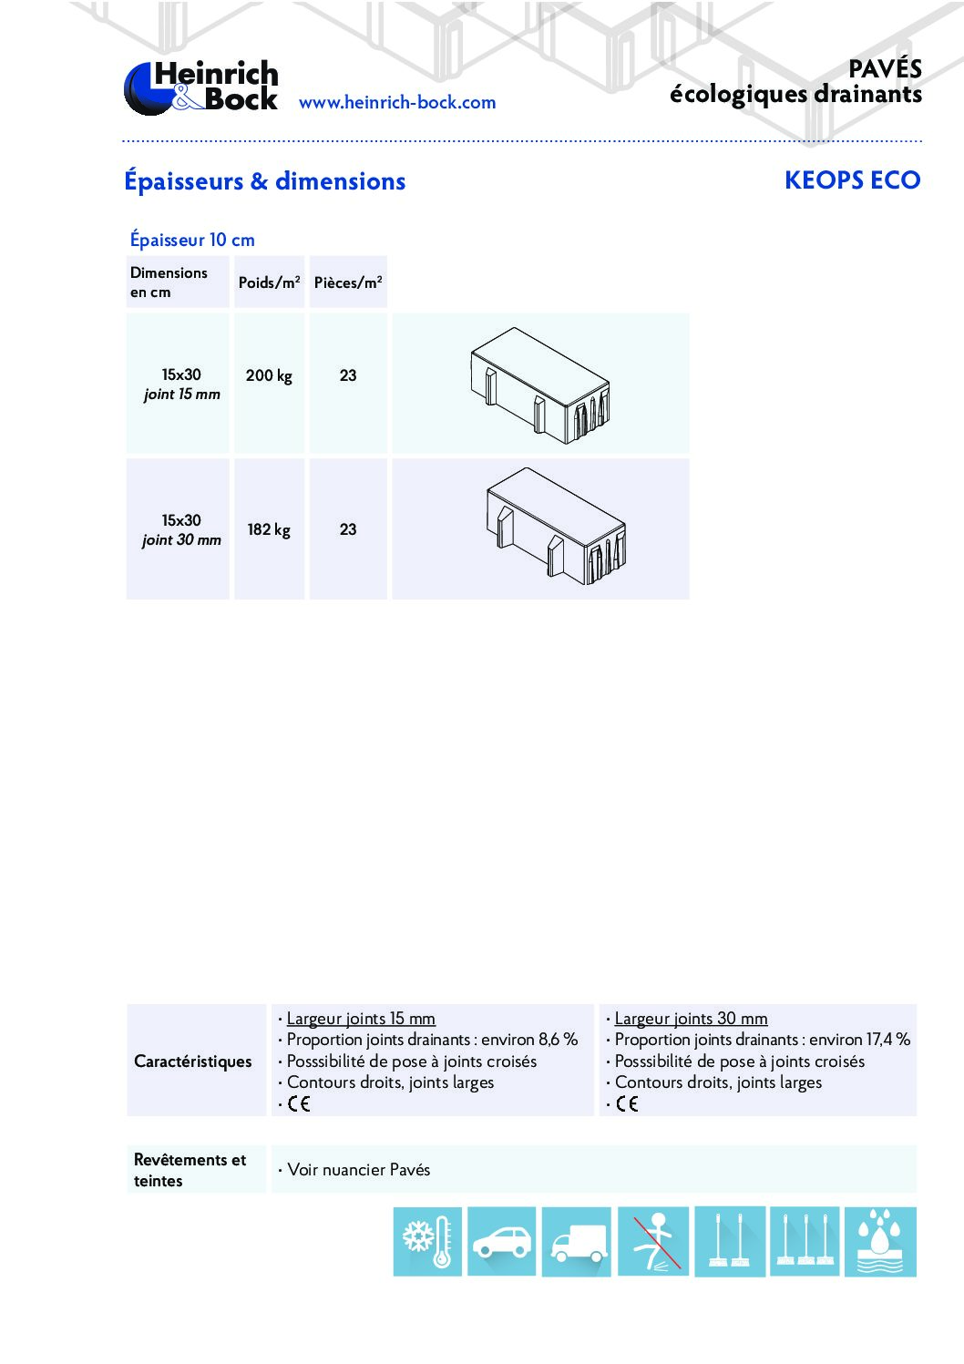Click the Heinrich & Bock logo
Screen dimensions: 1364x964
click(x=201, y=87)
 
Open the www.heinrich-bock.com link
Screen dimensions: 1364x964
click(x=397, y=102)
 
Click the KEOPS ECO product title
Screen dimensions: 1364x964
click(x=852, y=180)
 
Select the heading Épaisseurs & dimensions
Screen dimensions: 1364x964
click(x=264, y=181)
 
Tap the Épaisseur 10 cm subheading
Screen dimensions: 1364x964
click(x=192, y=240)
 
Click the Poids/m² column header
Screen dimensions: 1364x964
click(x=269, y=282)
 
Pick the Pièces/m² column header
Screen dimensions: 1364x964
click(x=348, y=282)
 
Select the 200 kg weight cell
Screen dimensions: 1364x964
click(x=269, y=375)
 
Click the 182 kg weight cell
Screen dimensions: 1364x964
click(x=269, y=529)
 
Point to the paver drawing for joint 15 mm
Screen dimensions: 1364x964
click(x=540, y=385)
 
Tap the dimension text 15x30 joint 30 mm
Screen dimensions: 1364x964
click(x=181, y=529)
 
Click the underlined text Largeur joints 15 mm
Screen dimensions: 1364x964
click(x=361, y=1019)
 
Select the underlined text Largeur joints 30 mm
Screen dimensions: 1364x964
click(x=691, y=1019)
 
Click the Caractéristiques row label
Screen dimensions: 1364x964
click(x=193, y=1061)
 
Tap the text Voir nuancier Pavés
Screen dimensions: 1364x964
click(x=359, y=1170)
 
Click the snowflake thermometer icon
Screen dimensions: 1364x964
click(x=427, y=1241)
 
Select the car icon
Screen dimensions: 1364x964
click(x=501, y=1241)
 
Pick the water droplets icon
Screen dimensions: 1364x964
click(x=879, y=1241)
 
